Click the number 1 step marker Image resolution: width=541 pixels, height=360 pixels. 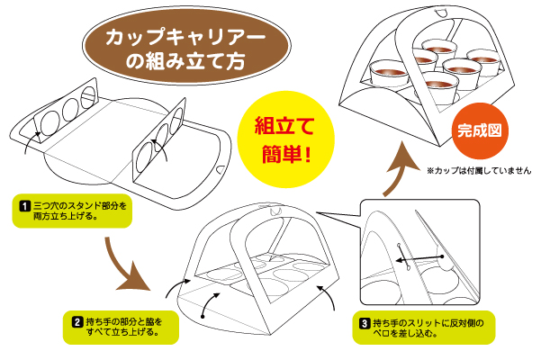24,206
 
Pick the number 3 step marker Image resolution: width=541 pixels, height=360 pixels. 364,322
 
